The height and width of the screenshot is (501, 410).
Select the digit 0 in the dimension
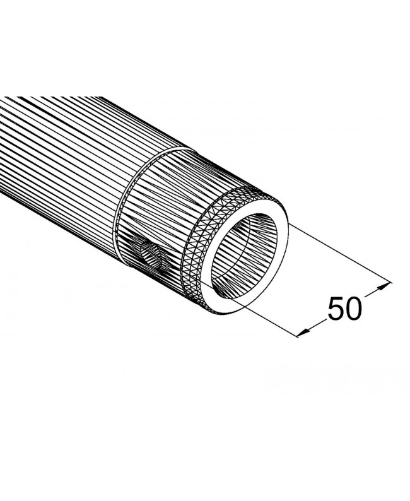(x=354, y=308)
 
